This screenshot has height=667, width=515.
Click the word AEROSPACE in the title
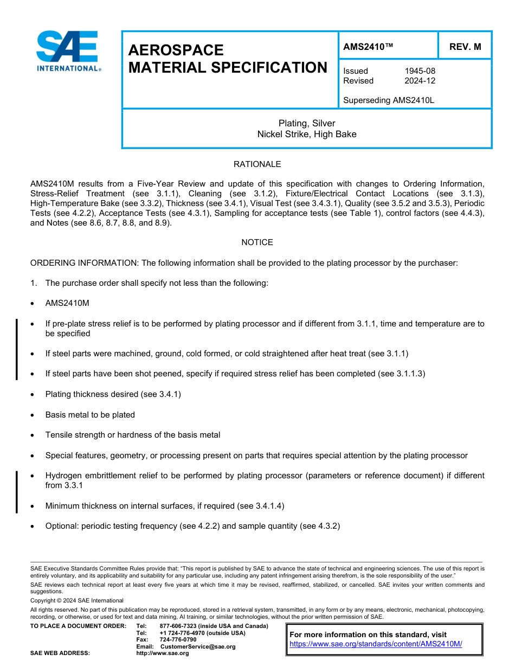point(176,50)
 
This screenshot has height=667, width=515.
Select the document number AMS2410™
point(368,47)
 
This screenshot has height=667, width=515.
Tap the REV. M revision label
point(465,47)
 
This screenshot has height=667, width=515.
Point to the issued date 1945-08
point(420,71)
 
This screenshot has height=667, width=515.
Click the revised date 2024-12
point(420,81)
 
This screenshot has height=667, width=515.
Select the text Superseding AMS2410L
point(389,100)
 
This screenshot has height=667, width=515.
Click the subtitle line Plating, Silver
point(307,124)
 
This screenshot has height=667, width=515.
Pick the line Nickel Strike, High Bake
point(307,134)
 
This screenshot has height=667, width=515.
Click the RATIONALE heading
point(257,164)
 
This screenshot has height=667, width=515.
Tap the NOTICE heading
point(257,242)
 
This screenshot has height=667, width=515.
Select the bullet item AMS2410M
point(67,303)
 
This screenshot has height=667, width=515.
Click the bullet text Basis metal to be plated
point(90,415)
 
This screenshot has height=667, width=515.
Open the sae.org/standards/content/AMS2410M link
point(376,644)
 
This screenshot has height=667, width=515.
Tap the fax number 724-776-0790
point(178,640)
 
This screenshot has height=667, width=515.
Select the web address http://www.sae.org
point(163,653)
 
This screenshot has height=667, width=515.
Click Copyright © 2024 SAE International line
point(77,600)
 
